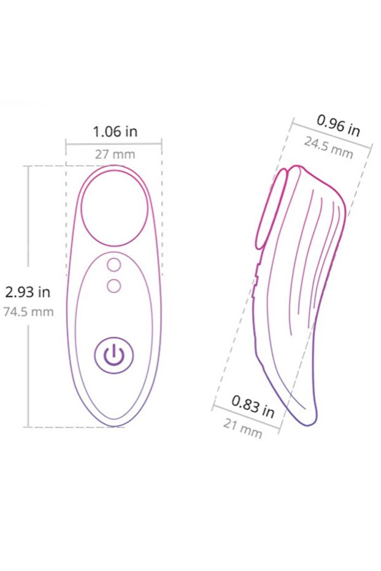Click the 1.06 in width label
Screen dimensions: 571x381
[x=115, y=131]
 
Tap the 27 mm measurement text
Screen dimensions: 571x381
[x=115, y=154]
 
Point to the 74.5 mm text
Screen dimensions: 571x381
[x=28, y=312]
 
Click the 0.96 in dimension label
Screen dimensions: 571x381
[x=338, y=125]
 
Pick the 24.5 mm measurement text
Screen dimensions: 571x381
[x=329, y=148]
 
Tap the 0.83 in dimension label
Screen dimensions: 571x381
[x=253, y=406]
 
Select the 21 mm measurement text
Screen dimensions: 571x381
[x=242, y=427]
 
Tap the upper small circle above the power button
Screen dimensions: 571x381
[x=114, y=265]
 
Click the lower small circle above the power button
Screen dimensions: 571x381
[x=114, y=285]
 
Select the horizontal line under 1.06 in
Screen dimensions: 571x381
[x=114, y=144]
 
